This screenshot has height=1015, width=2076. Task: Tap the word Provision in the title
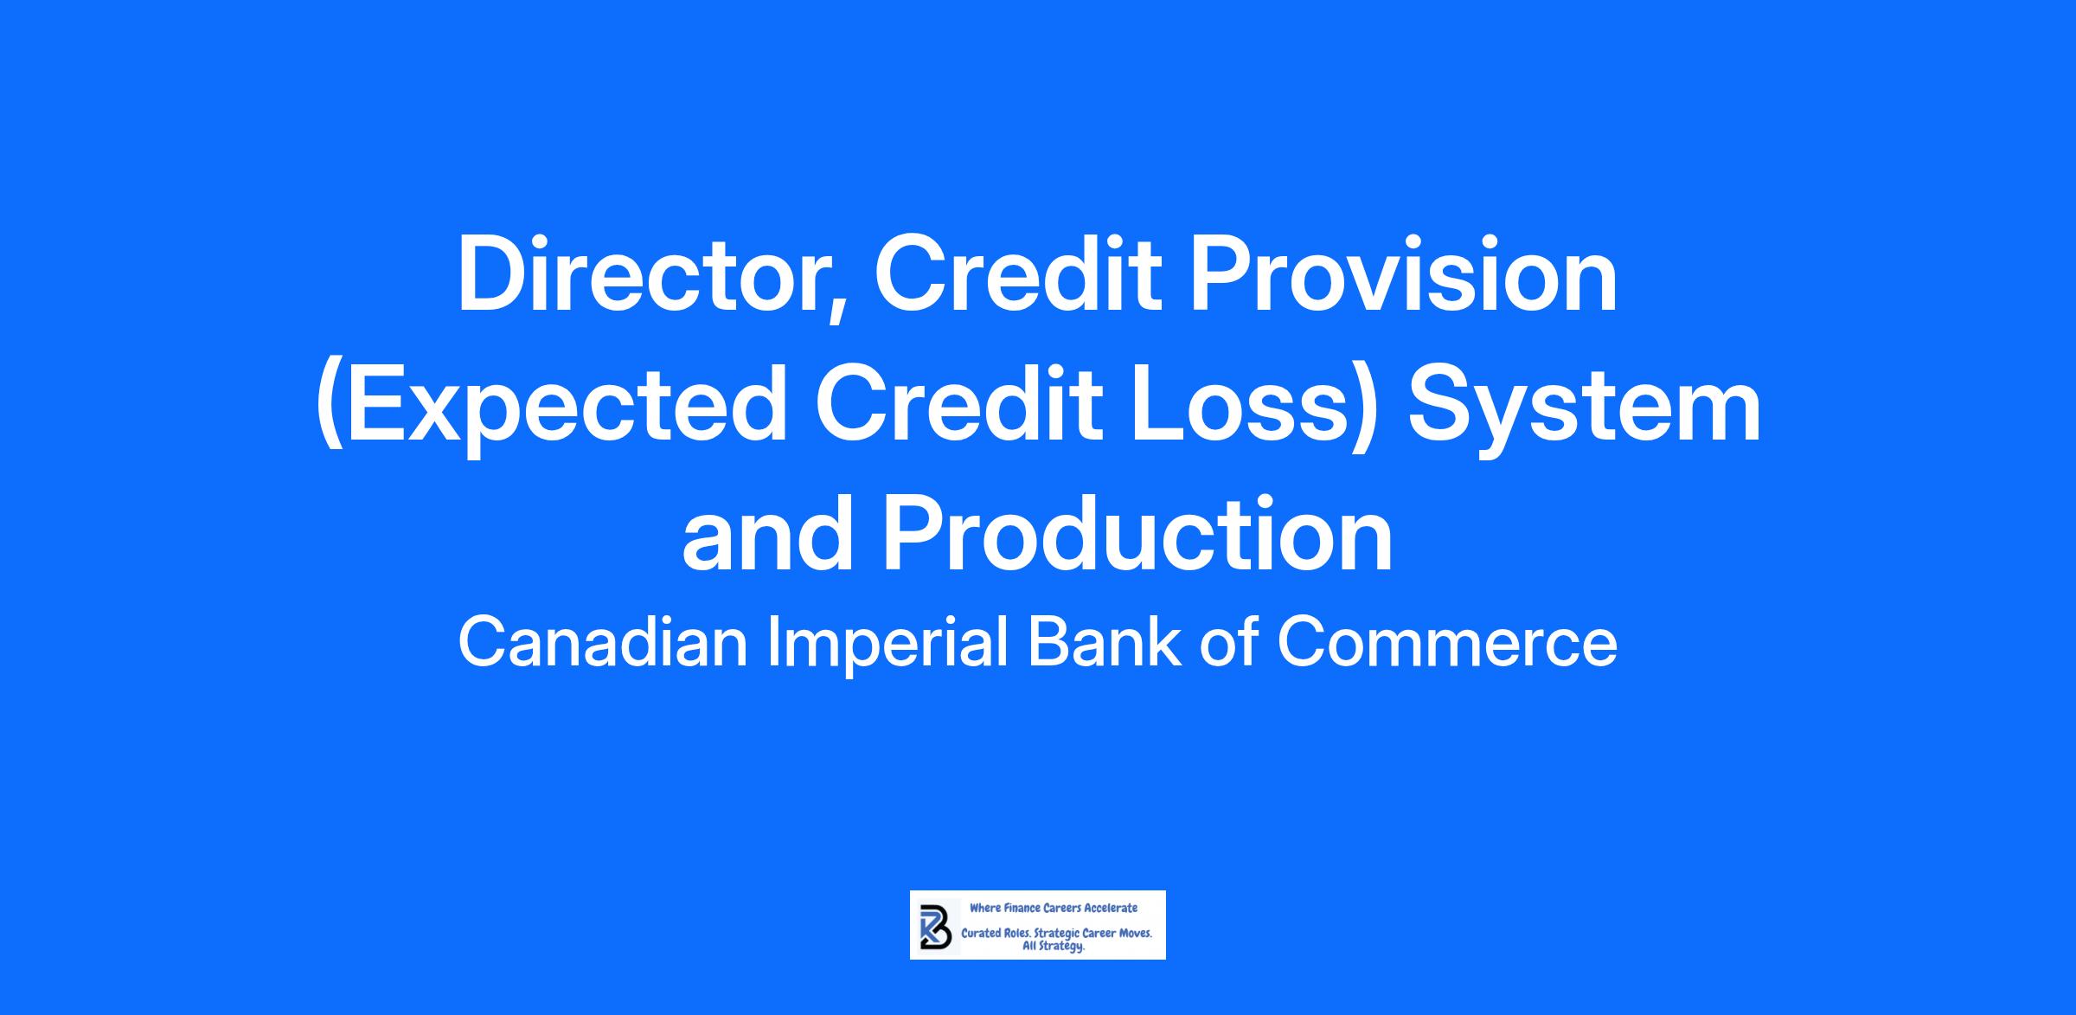(x=1404, y=274)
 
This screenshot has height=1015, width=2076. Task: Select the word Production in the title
(x=1137, y=534)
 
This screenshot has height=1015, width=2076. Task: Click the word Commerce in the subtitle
(x=1445, y=644)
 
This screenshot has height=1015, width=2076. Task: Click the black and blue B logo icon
(x=936, y=926)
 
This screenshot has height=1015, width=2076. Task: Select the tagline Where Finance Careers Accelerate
(x=1054, y=909)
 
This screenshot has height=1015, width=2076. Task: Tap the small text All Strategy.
(x=1054, y=948)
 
